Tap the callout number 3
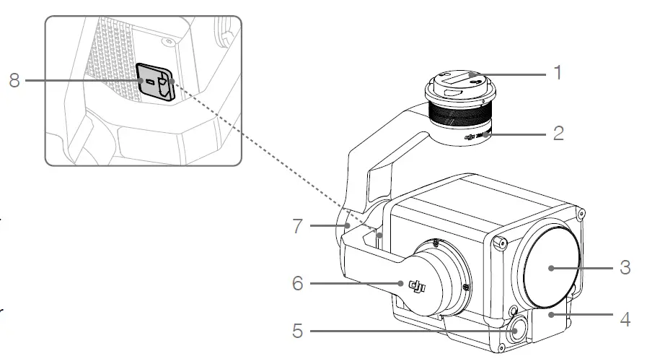pos(625,267)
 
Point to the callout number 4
pos(625,318)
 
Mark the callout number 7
pos(298,226)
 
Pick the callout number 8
pos(14,79)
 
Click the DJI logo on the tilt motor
pos(418,287)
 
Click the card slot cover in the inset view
pos(156,82)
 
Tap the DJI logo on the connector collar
pos(472,136)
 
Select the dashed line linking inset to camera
pos(274,159)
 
